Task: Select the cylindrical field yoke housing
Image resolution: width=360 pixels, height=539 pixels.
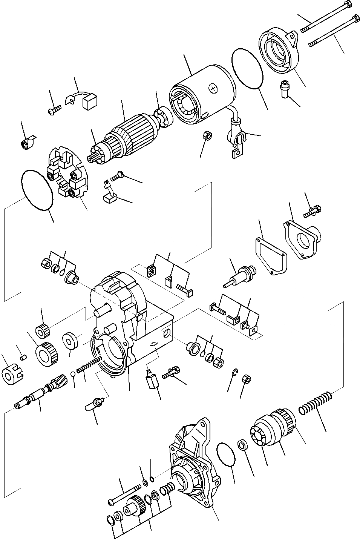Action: pyautogui.click(x=200, y=96)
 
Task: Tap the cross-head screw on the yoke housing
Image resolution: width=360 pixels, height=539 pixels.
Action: pyautogui.click(x=214, y=88)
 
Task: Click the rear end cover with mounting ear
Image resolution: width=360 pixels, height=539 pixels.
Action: pyautogui.click(x=279, y=51)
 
